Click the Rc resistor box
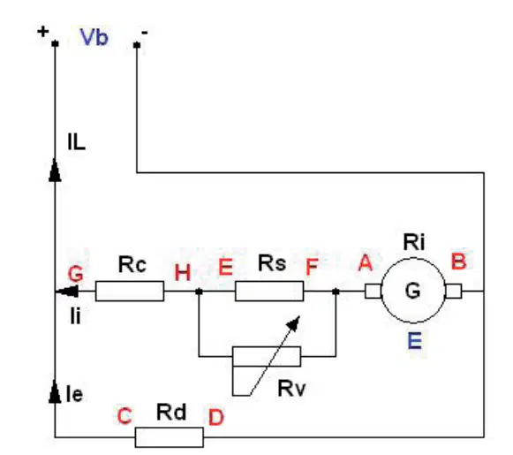[x=130, y=291]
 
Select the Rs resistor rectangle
[x=269, y=291]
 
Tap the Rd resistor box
[x=170, y=437]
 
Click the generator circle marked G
[x=413, y=291]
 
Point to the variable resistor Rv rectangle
[x=267, y=356]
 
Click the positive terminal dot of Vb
[x=55, y=43]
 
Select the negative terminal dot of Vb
[x=137, y=44]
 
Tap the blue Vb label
[x=94, y=37]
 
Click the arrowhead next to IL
[x=55, y=170]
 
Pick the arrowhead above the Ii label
[x=67, y=291]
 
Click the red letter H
[x=182, y=273]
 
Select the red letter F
[x=312, y=267]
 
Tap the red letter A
[x=366, y=263]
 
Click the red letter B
[x=458, y=261]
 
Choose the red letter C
[x=124, y=416]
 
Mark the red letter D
[x=216, y=417]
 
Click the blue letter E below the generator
[x=415, y=340]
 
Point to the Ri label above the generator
[x=414, y=243]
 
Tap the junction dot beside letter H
[x=199, y=291]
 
